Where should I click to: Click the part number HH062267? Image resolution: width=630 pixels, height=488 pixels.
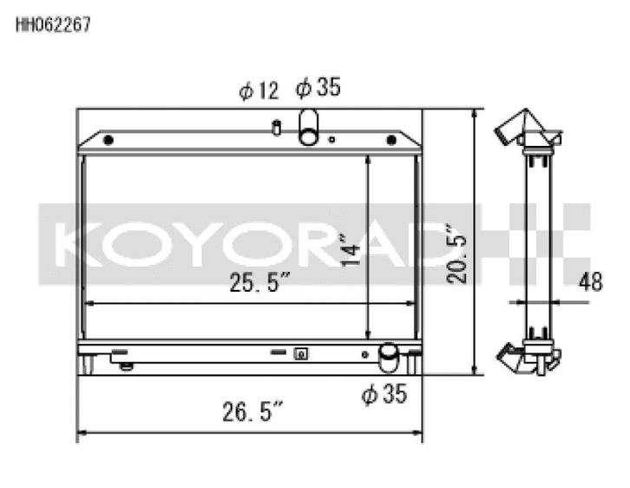click(53, 24)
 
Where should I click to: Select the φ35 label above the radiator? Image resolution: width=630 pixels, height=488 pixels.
click(318, 88)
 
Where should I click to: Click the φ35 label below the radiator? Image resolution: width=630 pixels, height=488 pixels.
click(384, 396)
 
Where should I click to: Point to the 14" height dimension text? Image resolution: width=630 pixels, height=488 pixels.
click(350, 249)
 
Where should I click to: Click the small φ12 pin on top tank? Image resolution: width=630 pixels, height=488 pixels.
click(276, 129)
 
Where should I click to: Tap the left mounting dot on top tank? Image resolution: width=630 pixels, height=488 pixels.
click(108, 140)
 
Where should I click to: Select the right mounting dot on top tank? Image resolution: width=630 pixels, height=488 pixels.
click(391, 140)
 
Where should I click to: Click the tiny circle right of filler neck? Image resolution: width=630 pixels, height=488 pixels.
click(332, 139)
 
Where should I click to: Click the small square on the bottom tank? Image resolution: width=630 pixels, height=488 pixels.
click(301, 353)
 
